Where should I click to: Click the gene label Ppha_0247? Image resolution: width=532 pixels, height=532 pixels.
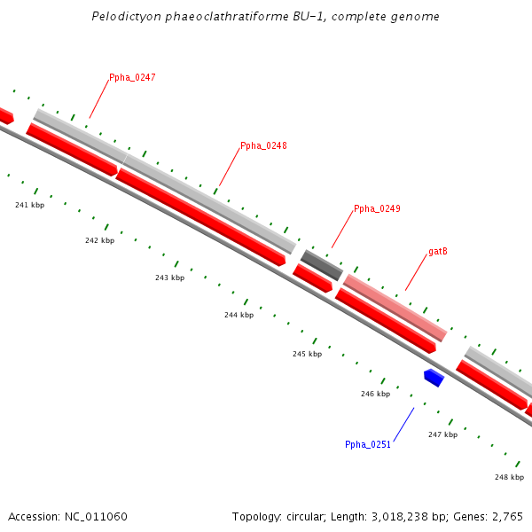(132, 78)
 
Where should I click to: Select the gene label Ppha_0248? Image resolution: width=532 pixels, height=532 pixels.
(263, 146)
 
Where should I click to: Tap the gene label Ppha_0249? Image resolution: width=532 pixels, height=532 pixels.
(377, 209)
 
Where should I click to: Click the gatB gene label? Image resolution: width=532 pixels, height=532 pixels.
(437, 252)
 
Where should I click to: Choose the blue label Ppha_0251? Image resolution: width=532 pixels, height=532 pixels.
(368, 445)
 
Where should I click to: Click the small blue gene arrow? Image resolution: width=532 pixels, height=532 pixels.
(434, 378)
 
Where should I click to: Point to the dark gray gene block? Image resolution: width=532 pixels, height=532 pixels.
(321, 264)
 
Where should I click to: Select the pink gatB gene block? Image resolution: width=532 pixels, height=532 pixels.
(395, 307)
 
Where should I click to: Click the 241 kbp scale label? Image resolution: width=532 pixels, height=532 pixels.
(29, 205)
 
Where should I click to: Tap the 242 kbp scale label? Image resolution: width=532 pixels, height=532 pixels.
(99, 240)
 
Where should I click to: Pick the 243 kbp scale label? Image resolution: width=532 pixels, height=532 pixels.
(169, 278)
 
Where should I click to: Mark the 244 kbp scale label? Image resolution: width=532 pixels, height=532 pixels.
(239, 315)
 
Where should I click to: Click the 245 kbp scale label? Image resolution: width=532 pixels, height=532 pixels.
(307, 354)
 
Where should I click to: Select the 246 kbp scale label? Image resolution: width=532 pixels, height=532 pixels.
(375, 394)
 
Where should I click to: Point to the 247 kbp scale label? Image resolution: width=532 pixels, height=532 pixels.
(442, 434)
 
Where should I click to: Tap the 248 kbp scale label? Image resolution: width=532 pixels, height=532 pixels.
(509, 477)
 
